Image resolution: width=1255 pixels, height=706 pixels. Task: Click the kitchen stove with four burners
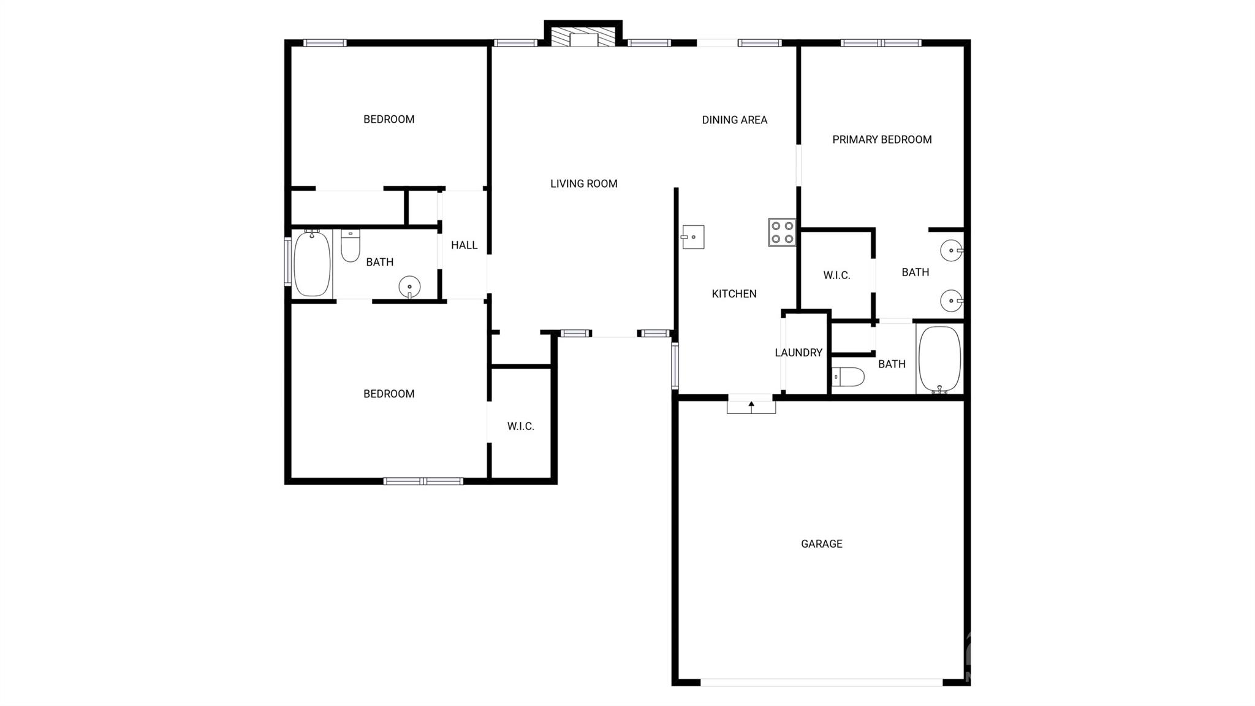point(782,232)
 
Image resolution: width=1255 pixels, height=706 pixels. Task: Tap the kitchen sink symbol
point(693,237)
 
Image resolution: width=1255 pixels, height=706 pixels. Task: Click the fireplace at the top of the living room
point(583,36)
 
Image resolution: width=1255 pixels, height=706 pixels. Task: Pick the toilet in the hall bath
point(350,245)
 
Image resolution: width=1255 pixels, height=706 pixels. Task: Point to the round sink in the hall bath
point(409,287)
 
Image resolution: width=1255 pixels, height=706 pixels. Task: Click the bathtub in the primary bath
point(939,359)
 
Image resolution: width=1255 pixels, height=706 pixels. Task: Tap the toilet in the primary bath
point(848,377)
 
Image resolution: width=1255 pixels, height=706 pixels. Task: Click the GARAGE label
point(822,543)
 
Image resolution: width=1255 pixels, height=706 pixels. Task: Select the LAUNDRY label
point(798,353)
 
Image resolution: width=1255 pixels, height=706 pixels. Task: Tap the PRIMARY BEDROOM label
point(882,140)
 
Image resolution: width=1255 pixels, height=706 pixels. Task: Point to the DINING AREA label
point(735,120)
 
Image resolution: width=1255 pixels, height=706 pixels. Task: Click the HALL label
point(464,245)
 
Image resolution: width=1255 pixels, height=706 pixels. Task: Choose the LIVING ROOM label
point(584,183)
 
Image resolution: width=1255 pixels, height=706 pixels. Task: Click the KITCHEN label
point(734,294)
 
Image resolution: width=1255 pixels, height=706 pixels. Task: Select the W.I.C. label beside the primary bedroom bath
point(836,275)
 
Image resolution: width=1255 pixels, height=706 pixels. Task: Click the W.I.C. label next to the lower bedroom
point(521,426)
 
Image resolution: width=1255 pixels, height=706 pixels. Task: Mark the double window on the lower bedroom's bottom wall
point(423,482)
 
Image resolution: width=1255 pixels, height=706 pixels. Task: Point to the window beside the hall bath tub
point(287,262)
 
